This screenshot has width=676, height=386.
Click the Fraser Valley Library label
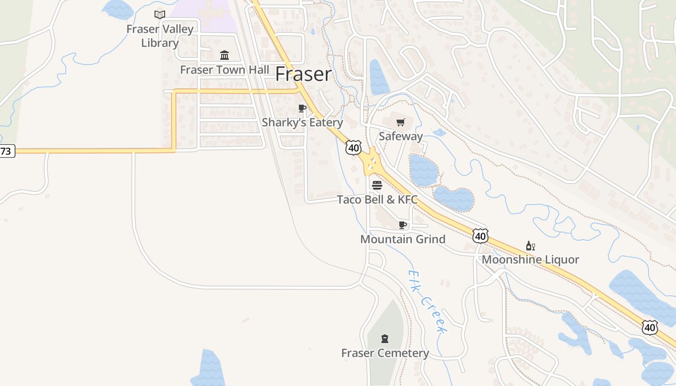[160, 36]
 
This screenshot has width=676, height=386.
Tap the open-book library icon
[160, 15]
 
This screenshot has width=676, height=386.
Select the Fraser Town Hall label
[225, 69]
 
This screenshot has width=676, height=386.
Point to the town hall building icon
[225, 55]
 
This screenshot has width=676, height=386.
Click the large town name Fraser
[304, 74]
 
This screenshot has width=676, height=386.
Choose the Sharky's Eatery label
[302, 123]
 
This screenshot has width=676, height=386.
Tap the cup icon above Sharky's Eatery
[302, 108]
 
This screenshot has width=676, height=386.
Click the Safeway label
[400, 136]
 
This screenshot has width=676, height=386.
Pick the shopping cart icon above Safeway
[400, 122]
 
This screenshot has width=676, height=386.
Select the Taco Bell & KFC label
[377, 199]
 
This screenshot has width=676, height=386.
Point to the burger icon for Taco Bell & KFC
[377, 185]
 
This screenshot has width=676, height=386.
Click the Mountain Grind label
[403, 239]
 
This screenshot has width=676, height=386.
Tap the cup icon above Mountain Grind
[403, 225]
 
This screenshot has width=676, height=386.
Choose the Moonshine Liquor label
[530, 260]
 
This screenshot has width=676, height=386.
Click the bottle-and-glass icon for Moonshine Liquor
[530, 246]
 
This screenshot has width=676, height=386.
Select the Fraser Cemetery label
[385, 353]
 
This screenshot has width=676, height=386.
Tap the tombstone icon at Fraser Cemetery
[385, 338]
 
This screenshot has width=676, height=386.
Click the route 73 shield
[6, 151]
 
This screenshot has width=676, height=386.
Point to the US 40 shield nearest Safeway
[353, 148]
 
